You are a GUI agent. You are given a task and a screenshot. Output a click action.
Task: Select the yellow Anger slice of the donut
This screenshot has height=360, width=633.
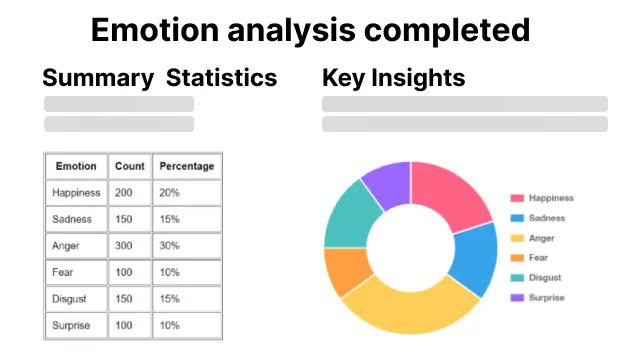pos(404,306)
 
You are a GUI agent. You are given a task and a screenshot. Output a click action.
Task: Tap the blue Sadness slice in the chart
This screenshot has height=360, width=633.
pos(475,258)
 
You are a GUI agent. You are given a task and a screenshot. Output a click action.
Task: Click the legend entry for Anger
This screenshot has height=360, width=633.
pos(541,238)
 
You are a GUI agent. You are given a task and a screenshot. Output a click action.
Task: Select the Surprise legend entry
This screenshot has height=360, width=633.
pos(546,297)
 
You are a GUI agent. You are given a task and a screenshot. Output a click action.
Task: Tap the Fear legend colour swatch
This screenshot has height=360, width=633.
pos(517,258)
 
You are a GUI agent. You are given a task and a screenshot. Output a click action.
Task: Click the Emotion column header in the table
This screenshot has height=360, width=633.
pos(76,166)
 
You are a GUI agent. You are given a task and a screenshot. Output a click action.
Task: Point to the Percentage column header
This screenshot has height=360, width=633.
pos(187,166)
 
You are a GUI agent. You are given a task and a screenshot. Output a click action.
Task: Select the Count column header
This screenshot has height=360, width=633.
pos(130,166)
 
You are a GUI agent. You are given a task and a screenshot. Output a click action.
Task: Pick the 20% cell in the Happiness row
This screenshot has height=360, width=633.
pos(169,193)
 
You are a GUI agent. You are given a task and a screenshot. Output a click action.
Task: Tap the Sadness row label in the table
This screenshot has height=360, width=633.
pos(72,219)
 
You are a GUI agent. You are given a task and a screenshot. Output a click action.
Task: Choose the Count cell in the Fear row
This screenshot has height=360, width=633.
pos(124,272)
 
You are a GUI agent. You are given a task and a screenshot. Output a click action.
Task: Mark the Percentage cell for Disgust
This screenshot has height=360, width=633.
pos(169,299)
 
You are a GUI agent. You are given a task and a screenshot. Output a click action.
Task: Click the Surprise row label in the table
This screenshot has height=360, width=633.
pos(73,325)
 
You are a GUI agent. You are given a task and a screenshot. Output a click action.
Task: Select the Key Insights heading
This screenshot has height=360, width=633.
pos(394,77)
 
